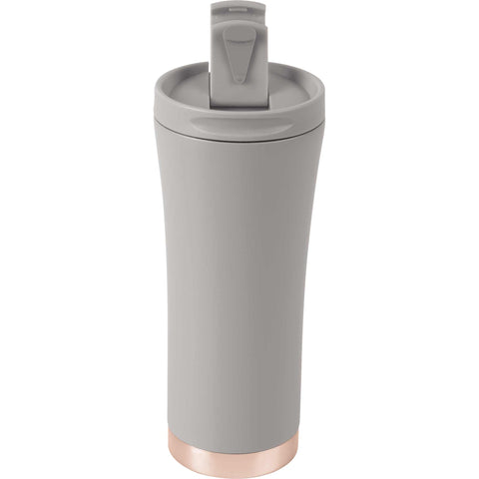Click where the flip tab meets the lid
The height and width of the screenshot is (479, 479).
point(240,105)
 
